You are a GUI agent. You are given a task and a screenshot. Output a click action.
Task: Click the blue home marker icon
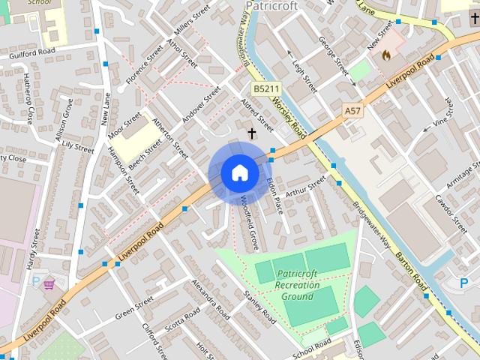point(239,173)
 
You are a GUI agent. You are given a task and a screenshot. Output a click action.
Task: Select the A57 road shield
point(352,111)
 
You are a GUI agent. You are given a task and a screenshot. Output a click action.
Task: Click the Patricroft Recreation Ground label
point(297,285)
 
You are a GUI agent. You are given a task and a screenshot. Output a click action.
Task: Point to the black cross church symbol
point(251,133)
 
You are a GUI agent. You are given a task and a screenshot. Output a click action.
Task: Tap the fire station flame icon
point(386,55)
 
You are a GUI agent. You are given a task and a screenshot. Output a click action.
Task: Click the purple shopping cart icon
point(49,283)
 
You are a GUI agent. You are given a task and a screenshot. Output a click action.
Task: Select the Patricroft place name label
point(271,6)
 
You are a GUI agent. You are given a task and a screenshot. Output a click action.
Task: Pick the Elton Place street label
point(274,193)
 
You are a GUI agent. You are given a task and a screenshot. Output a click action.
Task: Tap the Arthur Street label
point(307,184)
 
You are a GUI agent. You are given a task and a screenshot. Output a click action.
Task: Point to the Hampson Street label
point(123,169)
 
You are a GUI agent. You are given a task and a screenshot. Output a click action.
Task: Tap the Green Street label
point(135,307)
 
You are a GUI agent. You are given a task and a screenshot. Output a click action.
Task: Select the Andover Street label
point(202,105)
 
